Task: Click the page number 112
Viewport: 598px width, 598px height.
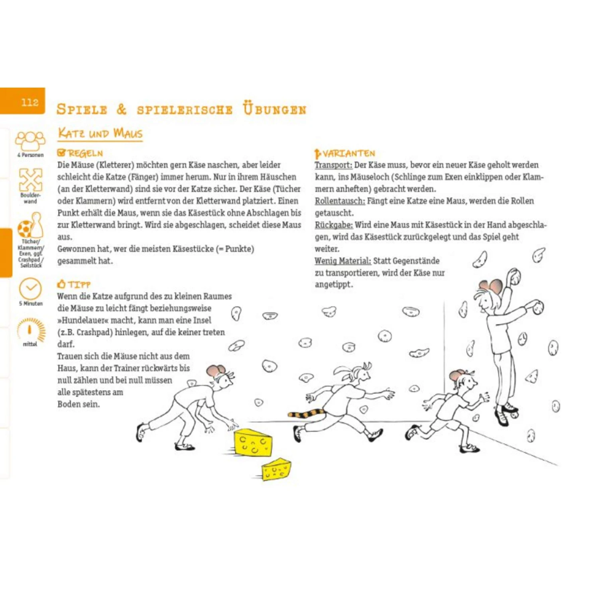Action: tap(30, 102)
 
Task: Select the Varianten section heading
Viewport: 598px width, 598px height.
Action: tap(345, 153)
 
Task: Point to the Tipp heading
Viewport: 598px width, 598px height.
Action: tap(74, 284)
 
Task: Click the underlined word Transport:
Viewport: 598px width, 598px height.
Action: tap(333, 165)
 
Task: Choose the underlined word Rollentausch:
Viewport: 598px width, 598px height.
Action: tap(340, 201)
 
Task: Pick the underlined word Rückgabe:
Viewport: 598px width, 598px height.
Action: tap(334, 225)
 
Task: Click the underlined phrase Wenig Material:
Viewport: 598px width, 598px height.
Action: tap(342, 261)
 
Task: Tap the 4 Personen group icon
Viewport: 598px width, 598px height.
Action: tap(30, 141)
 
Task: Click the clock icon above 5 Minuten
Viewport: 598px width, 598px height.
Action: tap(30, 288)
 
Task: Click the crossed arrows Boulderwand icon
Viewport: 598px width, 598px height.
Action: tap(30, 179)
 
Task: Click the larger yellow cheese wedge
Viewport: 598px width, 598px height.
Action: tap(253, 443)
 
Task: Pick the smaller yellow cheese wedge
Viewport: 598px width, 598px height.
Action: tap(276, 469)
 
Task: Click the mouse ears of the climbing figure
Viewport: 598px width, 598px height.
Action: tap(491, 286)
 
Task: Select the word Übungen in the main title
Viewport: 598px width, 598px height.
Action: tap(274, 109)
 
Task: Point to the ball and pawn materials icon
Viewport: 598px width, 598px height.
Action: tap(30, 226)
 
